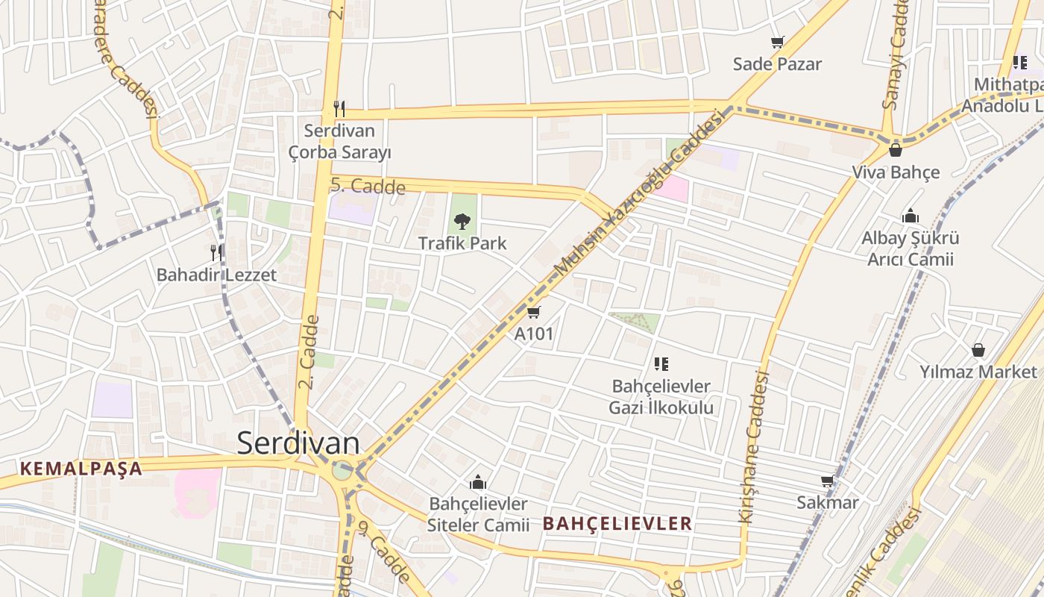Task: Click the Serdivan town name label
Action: pos(298,443)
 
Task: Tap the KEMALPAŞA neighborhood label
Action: pos(81,469)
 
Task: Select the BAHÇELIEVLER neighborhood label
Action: pos(617,523)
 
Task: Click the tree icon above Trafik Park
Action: pos(462,221)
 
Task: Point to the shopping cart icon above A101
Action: pos(533,312)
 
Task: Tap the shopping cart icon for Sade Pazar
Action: pos(777,43)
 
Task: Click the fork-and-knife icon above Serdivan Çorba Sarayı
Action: pos(339,109)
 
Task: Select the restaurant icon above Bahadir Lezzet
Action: pos(216,252)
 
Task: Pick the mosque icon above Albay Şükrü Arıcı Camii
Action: pos(910,216)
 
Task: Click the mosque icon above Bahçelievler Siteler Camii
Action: pos(478,482)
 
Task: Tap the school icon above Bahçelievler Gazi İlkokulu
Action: pos(661,364)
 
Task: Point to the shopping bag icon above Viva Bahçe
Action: pos(896,150)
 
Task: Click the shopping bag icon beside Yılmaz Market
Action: pos(978,350)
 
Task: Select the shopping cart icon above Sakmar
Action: pos(827,481)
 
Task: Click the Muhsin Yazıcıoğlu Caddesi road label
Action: pos(641,191)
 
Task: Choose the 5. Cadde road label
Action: pos(368,185)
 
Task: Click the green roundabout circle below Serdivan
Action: pos(342,470)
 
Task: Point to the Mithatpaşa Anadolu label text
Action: pos(1002,96)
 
